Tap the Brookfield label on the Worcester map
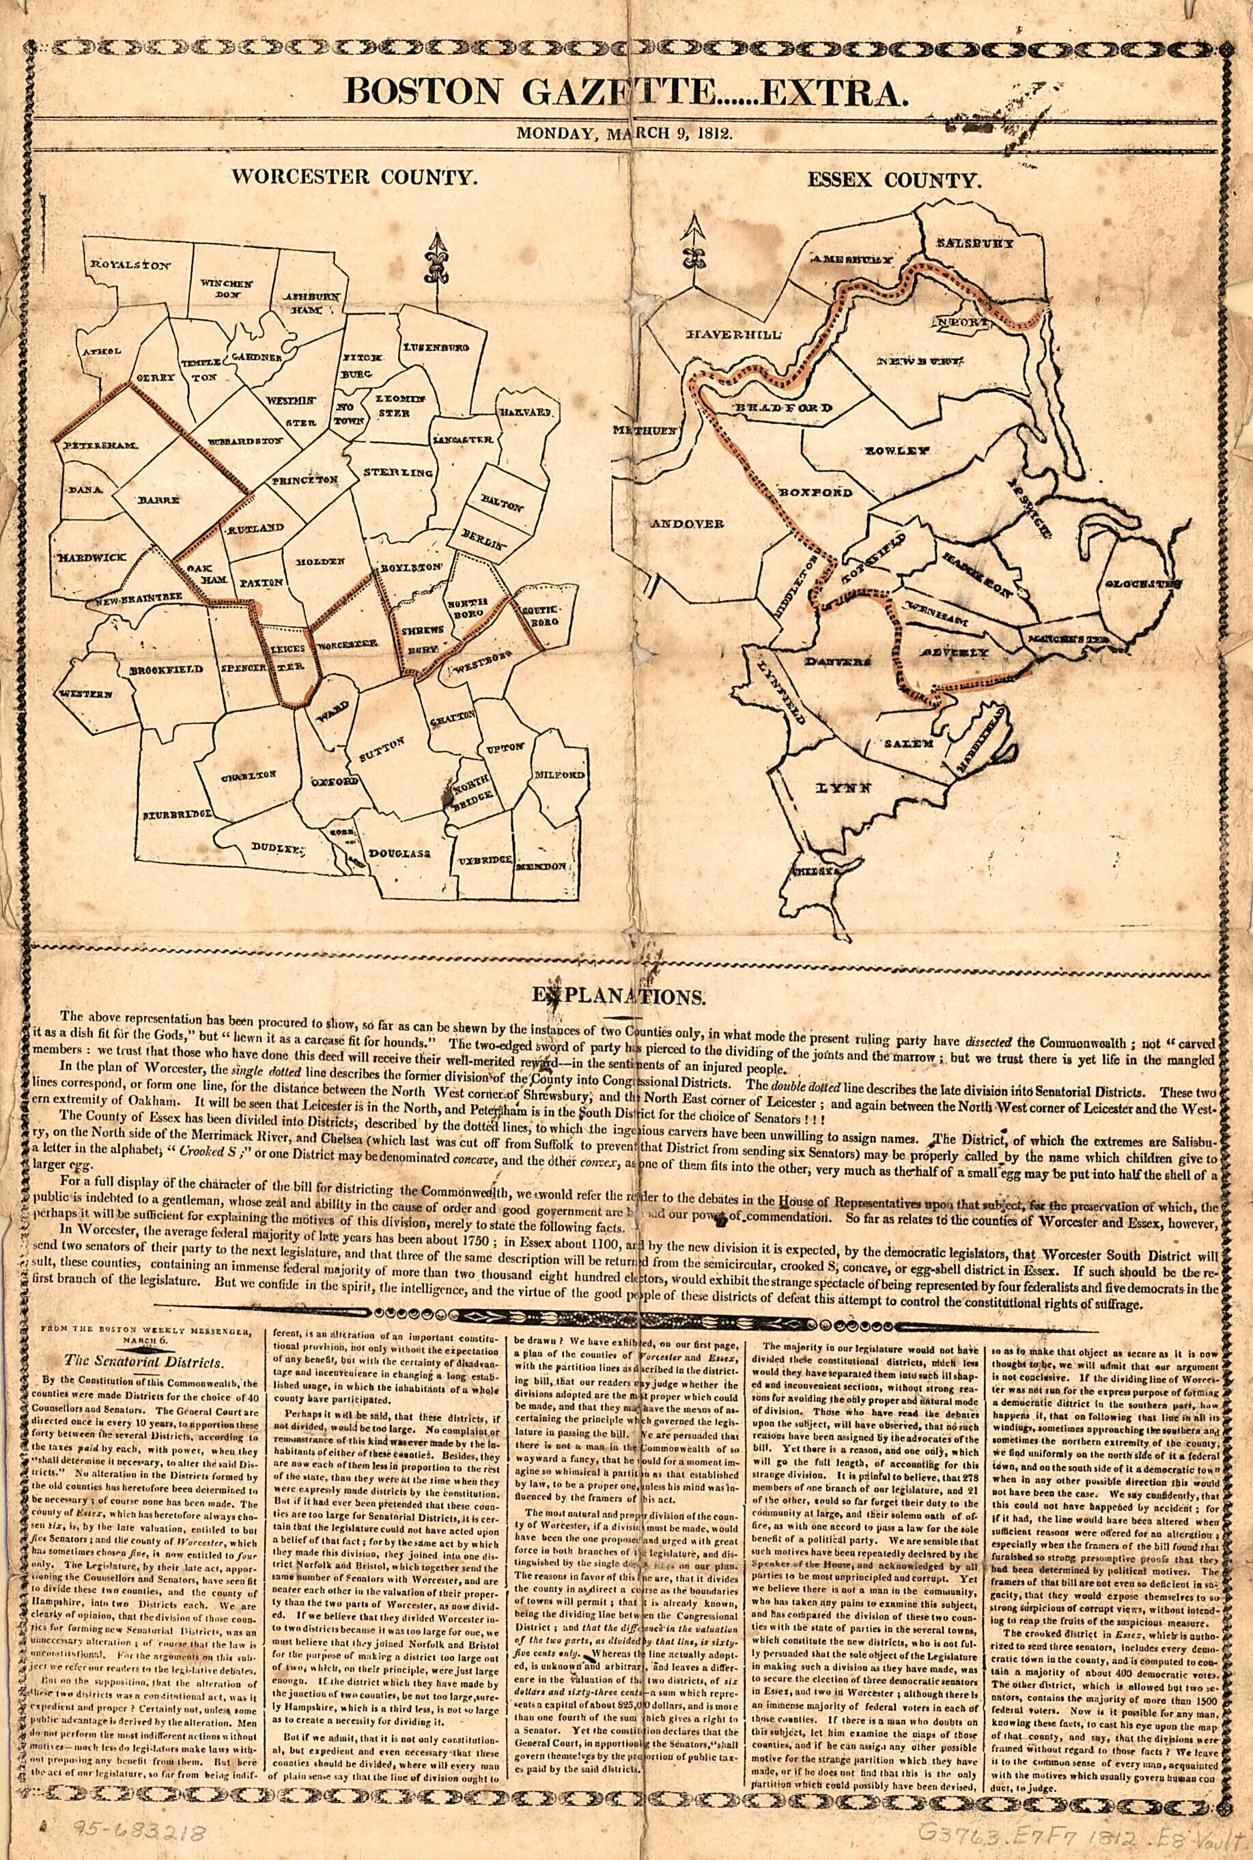pos(166,668)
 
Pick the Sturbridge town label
pos(178,815)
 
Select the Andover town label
pos(687,523)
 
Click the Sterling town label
pos(398,473)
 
